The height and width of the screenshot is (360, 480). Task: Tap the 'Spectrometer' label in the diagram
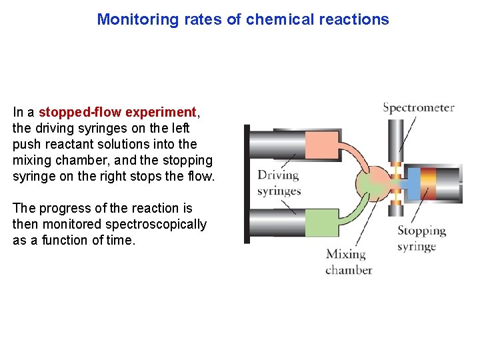pos(418,107)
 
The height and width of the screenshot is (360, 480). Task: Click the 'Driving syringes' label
pos(279,183)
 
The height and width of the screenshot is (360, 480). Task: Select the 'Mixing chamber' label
pos(348,261)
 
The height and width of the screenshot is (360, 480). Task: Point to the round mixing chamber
pos(375,181)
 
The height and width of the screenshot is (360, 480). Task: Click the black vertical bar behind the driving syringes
pos(247,183)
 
